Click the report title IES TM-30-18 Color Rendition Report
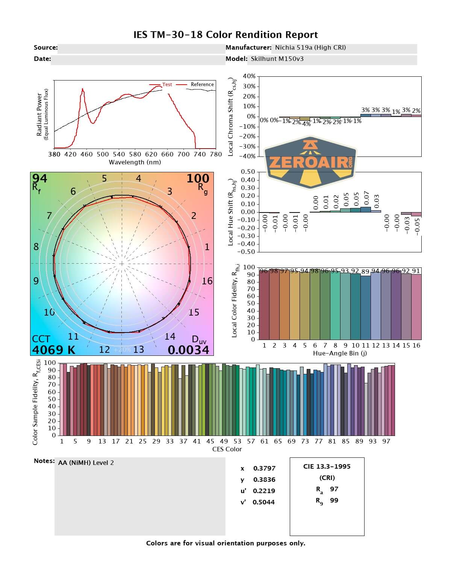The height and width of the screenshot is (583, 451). tap(225, 35)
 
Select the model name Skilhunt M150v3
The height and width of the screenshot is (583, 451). tap(277, 59)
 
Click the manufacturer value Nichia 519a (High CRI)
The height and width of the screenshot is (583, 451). tap(310, 47)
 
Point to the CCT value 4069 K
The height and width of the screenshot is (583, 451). tap(53, 350)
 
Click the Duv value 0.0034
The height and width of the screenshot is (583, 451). tap(188, 350)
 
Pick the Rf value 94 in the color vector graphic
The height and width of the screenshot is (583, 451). tap(39, 178)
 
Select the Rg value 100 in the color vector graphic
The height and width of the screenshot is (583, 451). tap(198, 178)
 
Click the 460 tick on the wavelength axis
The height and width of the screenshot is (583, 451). tap(86, 154)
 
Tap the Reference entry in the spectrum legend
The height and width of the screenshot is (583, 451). tap(202, 85)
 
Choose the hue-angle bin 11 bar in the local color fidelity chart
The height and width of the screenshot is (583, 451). tap(366, 308)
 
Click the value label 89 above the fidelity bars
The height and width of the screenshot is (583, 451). tap(365, 272)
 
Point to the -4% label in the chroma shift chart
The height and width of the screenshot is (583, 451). tap(306, 124)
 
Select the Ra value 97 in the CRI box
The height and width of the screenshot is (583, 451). tap(334, 489)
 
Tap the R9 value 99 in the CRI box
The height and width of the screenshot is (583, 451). tap(334, 500)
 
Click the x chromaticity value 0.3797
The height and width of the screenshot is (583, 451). tap(264, 468)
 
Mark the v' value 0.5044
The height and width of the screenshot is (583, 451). tap(263, 502)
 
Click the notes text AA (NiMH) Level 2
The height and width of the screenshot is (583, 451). tap(86, 463)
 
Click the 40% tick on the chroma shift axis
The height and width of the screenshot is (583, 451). tap(249, 76)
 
